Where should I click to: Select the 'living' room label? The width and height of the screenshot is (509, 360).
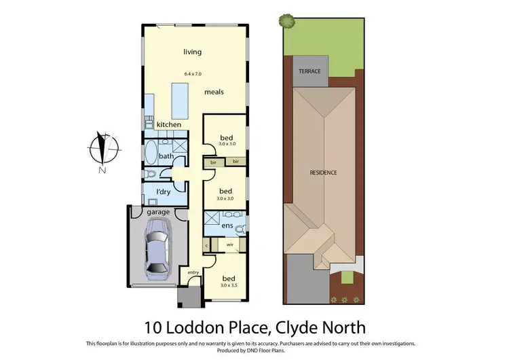[193, 52]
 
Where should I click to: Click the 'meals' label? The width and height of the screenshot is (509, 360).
[214, 92]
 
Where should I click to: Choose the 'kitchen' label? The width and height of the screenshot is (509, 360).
[169, 125]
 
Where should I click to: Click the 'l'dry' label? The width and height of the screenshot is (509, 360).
[163, 192]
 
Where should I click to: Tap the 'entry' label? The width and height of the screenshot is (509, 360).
[193, 272]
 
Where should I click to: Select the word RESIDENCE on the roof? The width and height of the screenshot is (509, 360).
[324, 173]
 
